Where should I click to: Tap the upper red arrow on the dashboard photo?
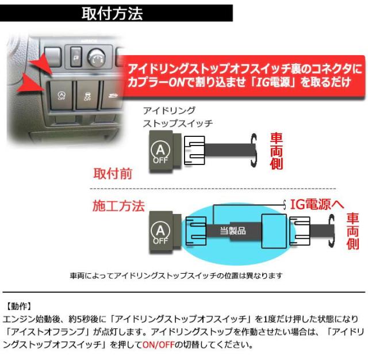40,65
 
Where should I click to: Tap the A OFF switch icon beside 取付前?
161,152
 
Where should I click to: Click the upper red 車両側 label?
276,151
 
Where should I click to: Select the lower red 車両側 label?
352,231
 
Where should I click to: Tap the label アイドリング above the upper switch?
168,111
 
